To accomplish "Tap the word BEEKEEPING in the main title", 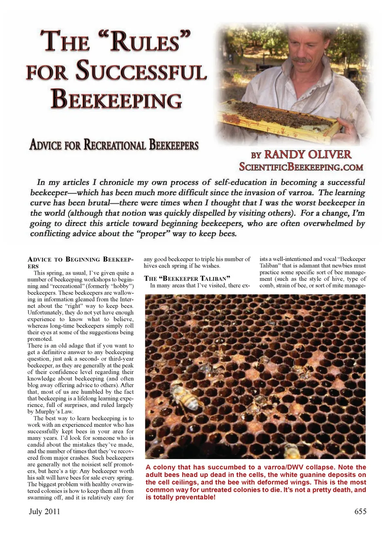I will point(116,99).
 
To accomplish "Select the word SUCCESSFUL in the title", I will point(141,71).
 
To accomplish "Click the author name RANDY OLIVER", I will point(307,154).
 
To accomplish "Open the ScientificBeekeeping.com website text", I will point(301,167).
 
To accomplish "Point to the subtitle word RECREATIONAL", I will point(115,145).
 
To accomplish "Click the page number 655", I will point(360,511).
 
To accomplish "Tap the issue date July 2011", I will point(45,511).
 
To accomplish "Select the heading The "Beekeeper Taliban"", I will point(187,278).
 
